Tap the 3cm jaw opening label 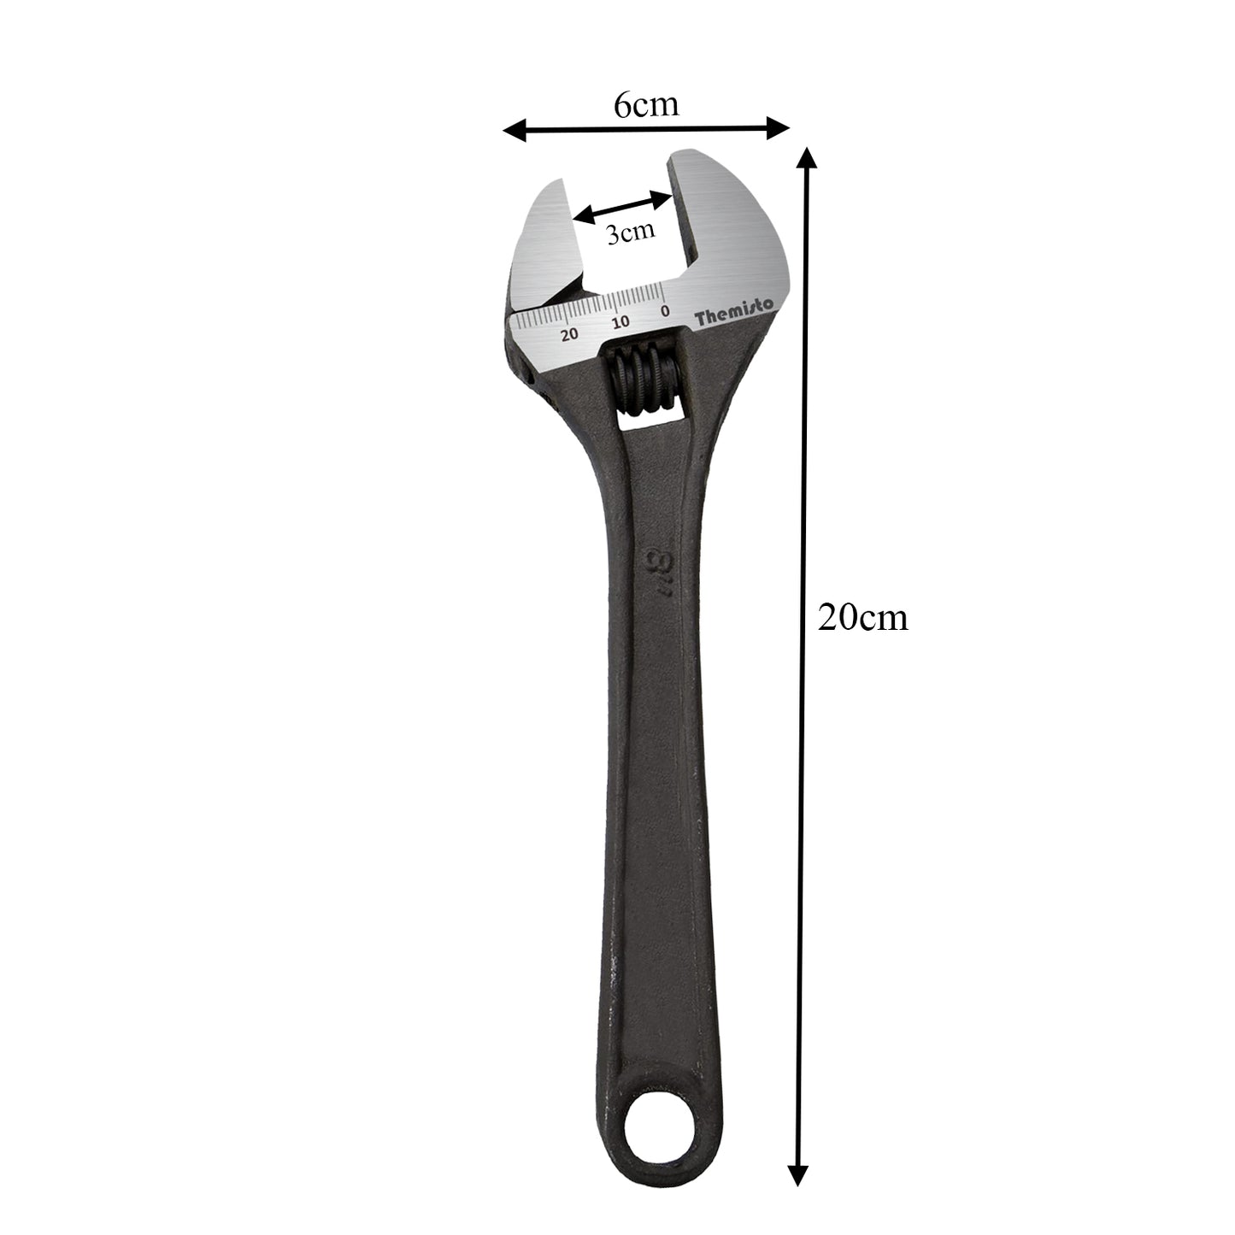point(630,233)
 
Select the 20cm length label point(862,617)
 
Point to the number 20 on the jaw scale point(569,333)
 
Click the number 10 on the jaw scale point(620,322)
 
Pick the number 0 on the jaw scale point(665,311)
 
